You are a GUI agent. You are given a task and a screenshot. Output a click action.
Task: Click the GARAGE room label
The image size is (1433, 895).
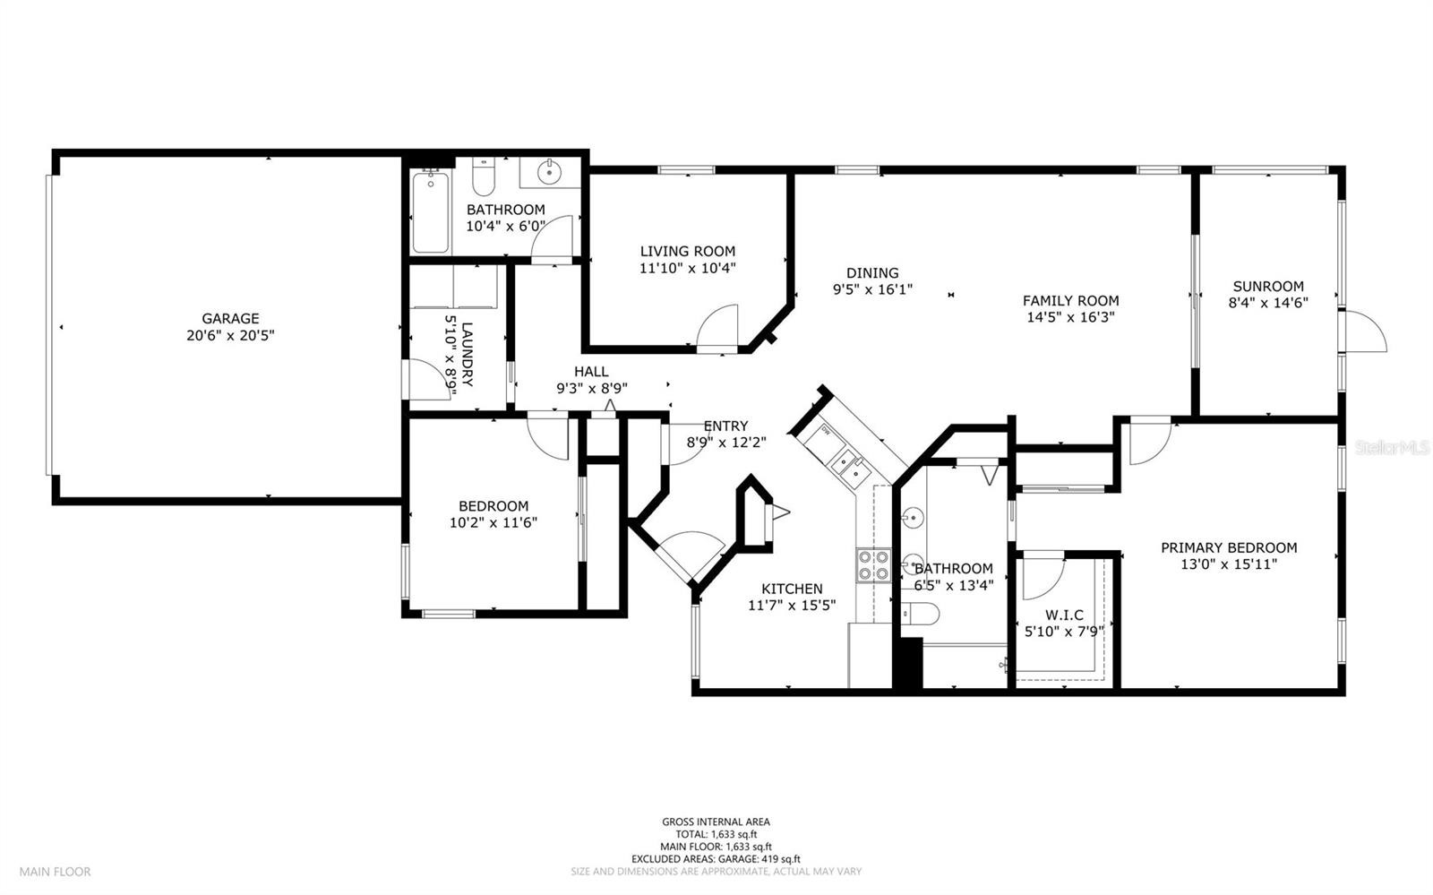pos(230,318)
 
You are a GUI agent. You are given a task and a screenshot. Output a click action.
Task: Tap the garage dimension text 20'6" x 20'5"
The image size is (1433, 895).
pos(230,335)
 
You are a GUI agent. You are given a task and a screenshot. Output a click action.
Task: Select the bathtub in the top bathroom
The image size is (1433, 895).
pos(431,212)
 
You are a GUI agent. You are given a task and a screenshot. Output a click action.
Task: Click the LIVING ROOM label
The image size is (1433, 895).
pos(688,252)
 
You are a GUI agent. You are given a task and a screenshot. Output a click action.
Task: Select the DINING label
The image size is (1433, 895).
pos(872,272)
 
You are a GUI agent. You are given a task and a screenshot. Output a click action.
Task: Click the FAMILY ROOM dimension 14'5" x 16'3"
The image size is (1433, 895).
pos(1071,317)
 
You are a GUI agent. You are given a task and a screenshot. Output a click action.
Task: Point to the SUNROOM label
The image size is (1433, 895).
pos(1268,286)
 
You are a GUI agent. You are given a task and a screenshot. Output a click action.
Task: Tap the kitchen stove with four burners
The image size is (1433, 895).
pos(873,565)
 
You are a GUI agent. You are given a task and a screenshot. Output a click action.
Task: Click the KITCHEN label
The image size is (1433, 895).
pos(792,589)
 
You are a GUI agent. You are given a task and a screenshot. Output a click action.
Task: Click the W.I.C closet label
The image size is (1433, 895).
pos(1065,615)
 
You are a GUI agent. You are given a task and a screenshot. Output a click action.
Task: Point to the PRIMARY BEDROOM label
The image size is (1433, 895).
pos(1229,547)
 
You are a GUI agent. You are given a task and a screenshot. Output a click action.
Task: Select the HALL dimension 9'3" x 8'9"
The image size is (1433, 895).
pos(592,388)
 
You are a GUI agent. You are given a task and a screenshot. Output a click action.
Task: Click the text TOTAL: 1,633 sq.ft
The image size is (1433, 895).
pos(716,834)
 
